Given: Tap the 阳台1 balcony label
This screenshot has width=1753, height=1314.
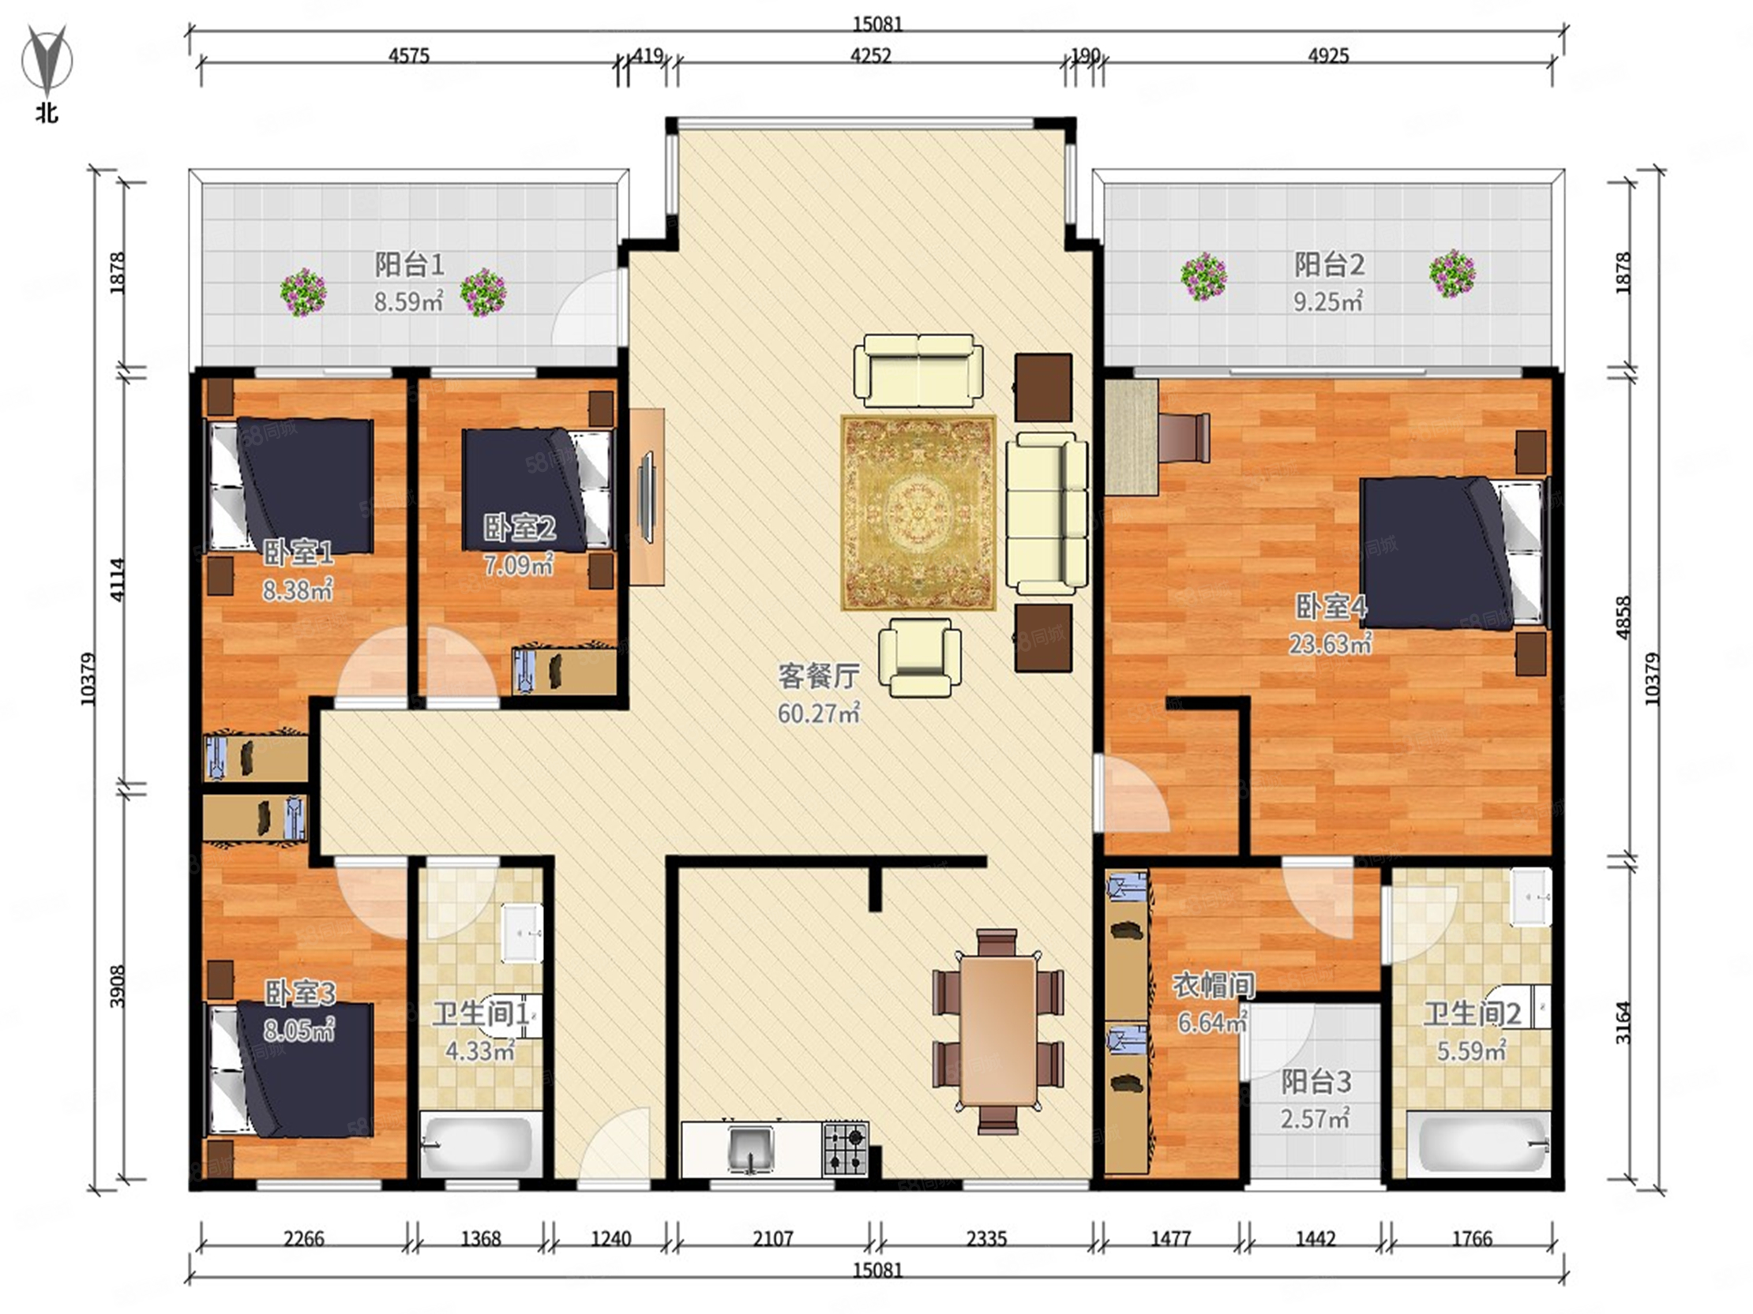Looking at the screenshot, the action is (409, 264).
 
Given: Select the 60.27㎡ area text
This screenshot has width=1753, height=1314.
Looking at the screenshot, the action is (819, 713).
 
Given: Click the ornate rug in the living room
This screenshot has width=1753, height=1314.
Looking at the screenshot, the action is (918, 512).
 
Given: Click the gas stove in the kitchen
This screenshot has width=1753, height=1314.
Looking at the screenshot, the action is (846, 1148).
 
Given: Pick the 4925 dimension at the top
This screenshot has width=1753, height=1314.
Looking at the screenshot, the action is (1328, 56).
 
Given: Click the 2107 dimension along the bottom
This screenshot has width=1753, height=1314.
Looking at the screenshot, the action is (773, 1237).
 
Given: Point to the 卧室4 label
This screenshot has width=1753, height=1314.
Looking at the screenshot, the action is (1331, 607).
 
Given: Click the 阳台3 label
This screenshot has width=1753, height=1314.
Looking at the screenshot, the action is (1316, 1082).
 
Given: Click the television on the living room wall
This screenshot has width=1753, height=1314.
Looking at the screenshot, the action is (645, 497).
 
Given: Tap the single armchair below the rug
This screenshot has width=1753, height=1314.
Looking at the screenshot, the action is (919, 657).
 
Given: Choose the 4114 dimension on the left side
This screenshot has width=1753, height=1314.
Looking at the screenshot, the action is (118, 580).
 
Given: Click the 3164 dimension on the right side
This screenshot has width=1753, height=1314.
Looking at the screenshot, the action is (1623, 1023).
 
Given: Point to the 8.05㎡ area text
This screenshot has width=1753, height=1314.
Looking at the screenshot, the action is (299, 1030).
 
